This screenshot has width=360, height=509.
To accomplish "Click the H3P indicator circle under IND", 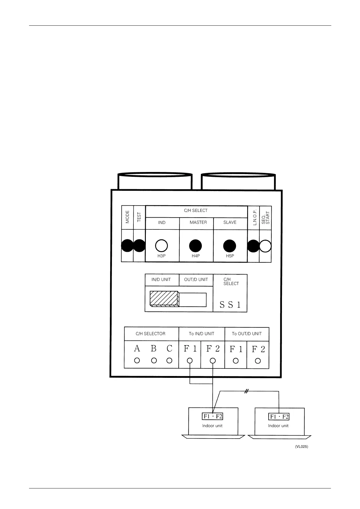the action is click(x=162, y=246).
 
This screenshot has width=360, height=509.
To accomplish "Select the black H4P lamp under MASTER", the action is click(x=195, y=246).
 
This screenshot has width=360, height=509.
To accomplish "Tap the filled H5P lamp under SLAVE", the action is click(x=229, y=246).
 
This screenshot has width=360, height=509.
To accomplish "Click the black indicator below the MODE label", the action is click(x=127, y=245).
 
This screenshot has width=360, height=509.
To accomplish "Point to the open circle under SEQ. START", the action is click(x=265, y=246).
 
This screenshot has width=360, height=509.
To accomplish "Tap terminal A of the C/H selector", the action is click(x=137, y=360).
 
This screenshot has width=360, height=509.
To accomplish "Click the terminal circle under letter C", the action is click(x=169, y=360).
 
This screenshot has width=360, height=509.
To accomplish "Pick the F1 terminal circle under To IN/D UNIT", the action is click(x=190, y=360).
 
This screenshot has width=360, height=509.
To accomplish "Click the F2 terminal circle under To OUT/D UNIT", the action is click(x=258, y=361).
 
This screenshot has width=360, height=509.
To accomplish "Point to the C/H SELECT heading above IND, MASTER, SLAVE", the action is click(x=196, y=211).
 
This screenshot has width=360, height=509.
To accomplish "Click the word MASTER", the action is click(x=198, y=222).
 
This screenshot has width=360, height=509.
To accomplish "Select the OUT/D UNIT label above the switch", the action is click(x=196, y=280).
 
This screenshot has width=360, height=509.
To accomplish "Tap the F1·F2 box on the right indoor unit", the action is click(x=279, y=417).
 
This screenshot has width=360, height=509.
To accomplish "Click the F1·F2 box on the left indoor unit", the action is click(x=212, y=416).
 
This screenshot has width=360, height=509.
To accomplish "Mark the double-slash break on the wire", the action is click(x=246, y=391).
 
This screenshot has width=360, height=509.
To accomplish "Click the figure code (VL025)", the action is click(x=302, y=446).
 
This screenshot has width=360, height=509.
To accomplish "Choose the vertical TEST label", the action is click(x=139, y=217).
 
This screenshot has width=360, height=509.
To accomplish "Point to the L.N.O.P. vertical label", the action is click(x=254, y=217).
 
